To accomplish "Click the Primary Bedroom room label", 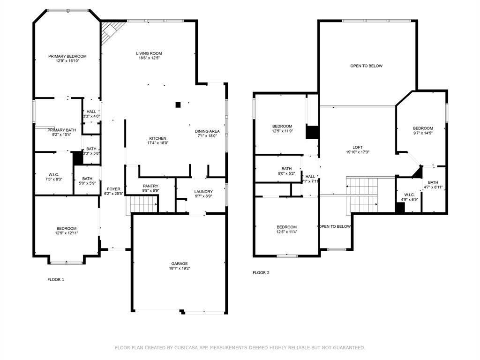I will (67, 56).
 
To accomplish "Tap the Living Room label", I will (149, 53).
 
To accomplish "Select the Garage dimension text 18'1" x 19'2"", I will (179, 269).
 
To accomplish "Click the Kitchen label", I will (158, 138).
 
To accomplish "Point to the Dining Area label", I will (207, 131).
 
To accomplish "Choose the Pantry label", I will (150, 186).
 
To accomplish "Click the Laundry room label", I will (203, 192).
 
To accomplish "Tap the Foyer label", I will (113, 189).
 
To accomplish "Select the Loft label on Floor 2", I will (358, 147).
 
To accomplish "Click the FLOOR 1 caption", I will (56, 279).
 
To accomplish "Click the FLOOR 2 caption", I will (261, 272).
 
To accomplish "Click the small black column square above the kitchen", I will (178, 105).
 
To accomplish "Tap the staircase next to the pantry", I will (143, 204).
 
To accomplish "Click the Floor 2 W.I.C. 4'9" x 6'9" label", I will (409, 195).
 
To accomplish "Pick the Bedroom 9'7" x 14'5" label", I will (422, 128).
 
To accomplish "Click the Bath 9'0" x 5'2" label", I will (286, 169).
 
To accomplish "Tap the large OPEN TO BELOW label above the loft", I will (366, 66).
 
